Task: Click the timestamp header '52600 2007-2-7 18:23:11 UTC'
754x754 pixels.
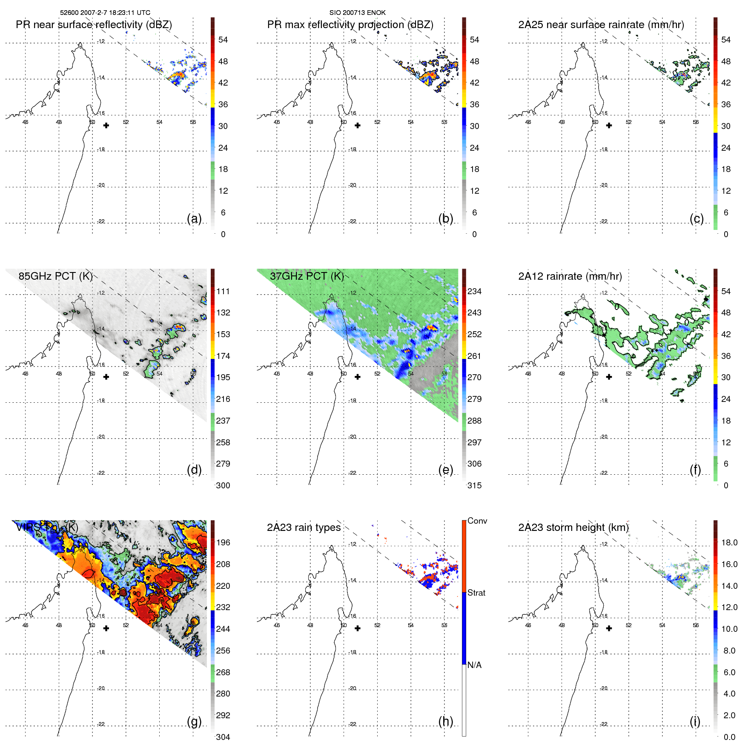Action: tap(105, 13)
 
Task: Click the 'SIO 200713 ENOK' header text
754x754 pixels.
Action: tap(357, 13)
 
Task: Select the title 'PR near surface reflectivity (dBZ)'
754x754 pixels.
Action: tap(94, 25)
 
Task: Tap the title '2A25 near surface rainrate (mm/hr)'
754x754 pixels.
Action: tap(601, 25)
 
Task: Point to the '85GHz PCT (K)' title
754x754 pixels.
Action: tap(55, 276)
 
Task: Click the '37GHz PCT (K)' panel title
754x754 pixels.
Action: tap(307, 276)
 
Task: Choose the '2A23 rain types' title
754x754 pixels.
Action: tap(304, 528)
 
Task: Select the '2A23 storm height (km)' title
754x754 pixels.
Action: tap(573, 528)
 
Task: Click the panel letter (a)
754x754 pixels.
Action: tap(194, 218)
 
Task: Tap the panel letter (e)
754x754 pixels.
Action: tap(445, 470)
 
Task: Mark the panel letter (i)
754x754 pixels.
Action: tap(695, 721)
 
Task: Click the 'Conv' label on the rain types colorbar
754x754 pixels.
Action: tap(477, 521)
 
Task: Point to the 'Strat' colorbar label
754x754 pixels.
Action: tap(476, 593)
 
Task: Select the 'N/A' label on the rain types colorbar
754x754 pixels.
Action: tap(474, 665)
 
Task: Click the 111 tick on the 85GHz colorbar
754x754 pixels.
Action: tap(223, 292)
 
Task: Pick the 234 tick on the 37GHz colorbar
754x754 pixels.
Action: tap(474, 292)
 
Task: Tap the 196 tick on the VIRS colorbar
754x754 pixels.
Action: tap(223, 543)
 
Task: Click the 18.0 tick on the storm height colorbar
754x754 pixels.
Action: tap(729, 543)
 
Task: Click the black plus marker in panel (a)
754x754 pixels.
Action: tap(106, 126)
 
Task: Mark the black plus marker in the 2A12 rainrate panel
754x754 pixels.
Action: tap(609, 377)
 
